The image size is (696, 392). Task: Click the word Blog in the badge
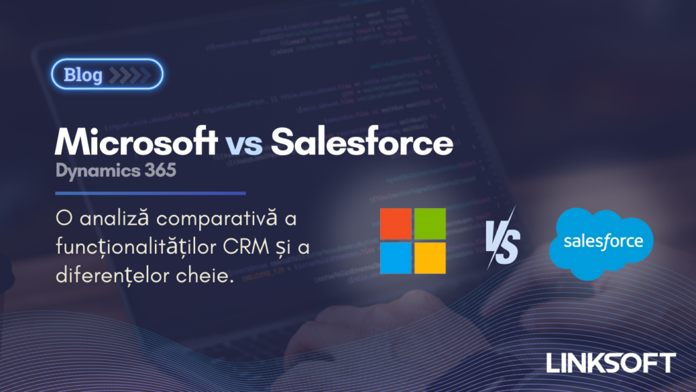82,75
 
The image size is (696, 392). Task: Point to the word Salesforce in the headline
361,142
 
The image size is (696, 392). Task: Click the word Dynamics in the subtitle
97,170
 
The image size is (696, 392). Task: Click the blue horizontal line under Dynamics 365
150,193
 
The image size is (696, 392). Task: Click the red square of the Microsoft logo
396,224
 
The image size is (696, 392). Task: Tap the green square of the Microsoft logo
430,224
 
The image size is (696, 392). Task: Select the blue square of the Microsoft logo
396,257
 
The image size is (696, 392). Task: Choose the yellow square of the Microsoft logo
430,257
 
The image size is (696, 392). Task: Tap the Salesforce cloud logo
600,243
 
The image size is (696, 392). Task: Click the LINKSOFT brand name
610,362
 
